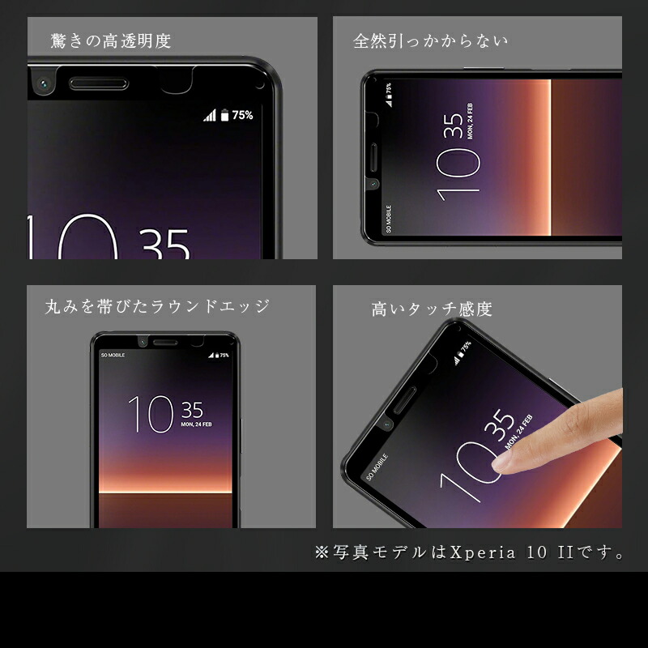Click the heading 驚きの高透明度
coord(110,40)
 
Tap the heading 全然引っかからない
coord(430,40)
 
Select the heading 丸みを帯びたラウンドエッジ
coord(157,306)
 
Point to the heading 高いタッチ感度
coord(432,309)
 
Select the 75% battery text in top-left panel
coord(242,115)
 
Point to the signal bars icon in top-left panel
coord(210,115)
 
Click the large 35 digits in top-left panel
coord(164,243)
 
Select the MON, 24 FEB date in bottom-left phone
coord(197,423)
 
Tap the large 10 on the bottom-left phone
coord(151,415)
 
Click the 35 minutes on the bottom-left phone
coord(193,409)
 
